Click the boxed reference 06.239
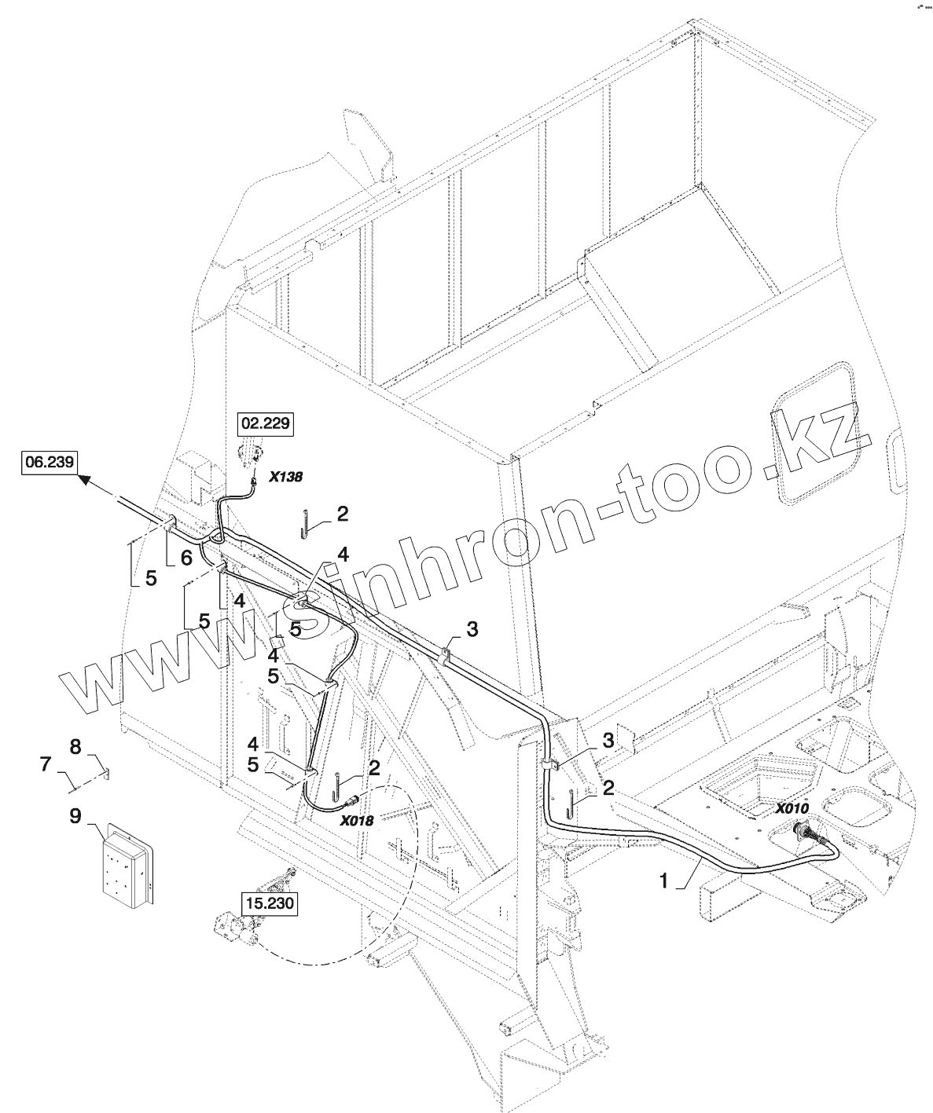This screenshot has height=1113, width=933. [49, 463]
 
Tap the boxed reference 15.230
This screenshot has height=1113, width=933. [269, 903]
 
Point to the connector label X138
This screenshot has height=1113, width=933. [285, 476]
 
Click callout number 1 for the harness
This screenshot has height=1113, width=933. [665, 881]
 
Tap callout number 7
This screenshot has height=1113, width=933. [45, 761]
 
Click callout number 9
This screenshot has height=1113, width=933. [75, 817]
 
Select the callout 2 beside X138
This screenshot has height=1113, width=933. [342, 514]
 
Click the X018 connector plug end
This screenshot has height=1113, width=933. [352, 800]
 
